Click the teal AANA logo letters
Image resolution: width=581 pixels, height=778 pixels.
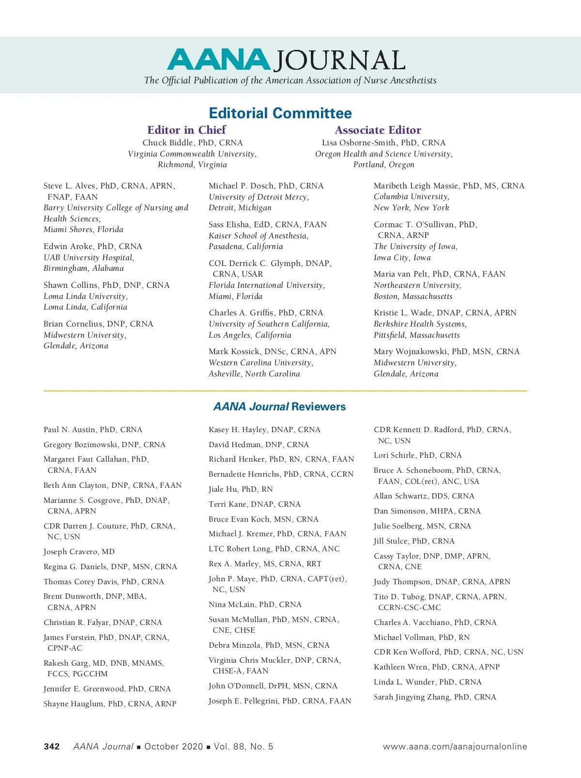click(x=218, y=60)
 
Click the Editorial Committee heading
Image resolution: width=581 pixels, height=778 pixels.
click(x=280, y=113)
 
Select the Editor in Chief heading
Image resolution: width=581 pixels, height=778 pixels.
click(x=186, y=130)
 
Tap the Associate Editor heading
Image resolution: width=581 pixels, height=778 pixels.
click(x=378, y=130)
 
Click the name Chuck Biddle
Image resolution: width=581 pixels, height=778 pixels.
click(x=168, y=143)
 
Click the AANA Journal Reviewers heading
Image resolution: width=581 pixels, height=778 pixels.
click(x=280, y=407)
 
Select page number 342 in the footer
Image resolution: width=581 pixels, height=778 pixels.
click(x=52, y=747)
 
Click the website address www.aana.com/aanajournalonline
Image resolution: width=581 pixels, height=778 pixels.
click(x=455, y=747)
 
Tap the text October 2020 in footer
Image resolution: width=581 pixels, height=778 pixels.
click(x=173, y=747)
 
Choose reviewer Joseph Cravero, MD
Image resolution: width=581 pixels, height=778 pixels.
click(x=79, y=552)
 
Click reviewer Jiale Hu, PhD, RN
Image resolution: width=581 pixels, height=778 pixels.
click(x=241, y=489)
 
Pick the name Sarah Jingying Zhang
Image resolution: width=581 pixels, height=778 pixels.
click(x=413, y=697)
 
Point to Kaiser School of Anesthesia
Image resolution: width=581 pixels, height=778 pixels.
click(x=258, y=236)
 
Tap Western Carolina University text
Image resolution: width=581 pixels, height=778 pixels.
click(x=260, y=363)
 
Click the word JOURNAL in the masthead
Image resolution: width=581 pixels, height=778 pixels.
click(x=338, y=61)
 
